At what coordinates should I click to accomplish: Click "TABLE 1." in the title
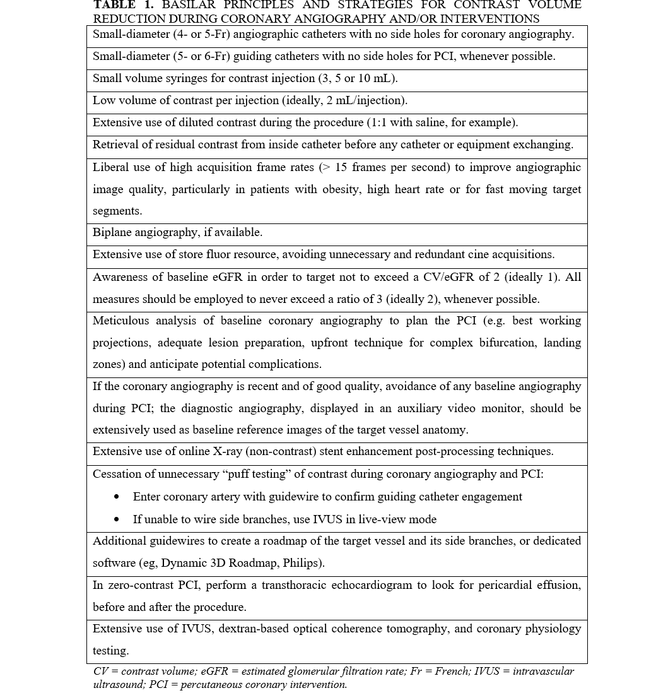tap(123, 5)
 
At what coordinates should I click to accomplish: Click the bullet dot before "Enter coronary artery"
tap(117, 497)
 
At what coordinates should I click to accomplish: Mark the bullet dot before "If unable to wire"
tap(117, 519)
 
